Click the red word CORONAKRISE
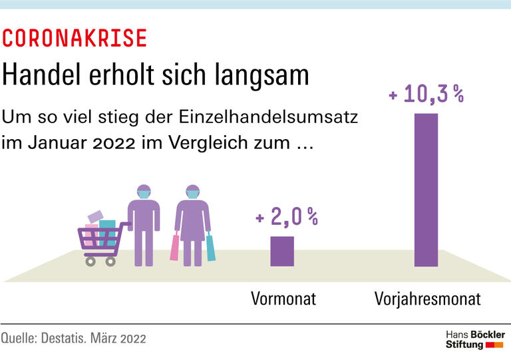(x=74, y=39)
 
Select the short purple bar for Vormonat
(x=281, y=251)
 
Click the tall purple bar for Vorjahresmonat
(x=426, y=190)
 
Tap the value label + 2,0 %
(x=287, y=217)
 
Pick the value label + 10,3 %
(x=426, y=95)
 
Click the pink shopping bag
(x=175, y=247)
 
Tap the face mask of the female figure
(x=193, y=196)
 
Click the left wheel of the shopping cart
(x=90, y=262)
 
